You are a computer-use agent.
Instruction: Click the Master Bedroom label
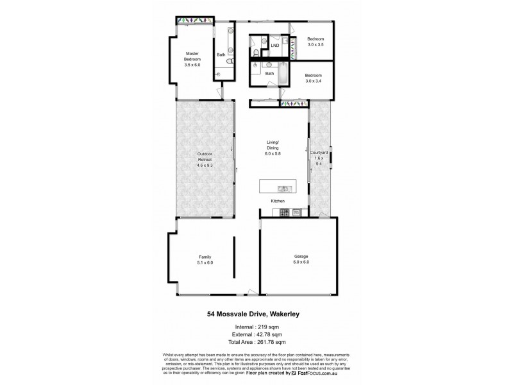[x=193, y=59]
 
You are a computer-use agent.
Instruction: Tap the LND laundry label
[x=275, y=46]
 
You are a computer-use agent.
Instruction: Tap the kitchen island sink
[x=282, y=188]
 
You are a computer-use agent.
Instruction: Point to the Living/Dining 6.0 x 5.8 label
[x=274, y=148]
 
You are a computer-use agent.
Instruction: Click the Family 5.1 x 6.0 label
[x=205, y=260]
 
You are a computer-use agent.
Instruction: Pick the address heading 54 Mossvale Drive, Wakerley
[x=256, y=314]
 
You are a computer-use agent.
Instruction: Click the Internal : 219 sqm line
[x=256, y=326]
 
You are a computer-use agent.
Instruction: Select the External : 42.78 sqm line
[x=256, y=335]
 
